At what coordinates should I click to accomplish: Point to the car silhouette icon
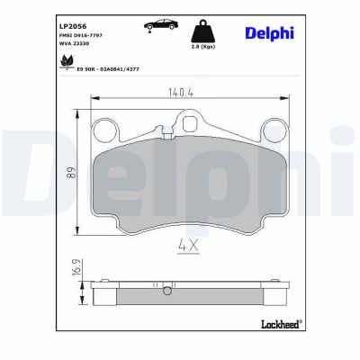(x=159, y=26)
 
